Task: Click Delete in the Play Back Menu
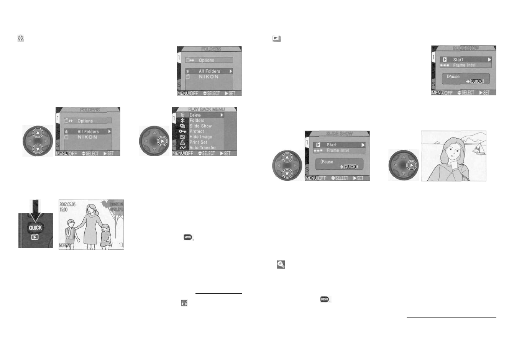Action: [195, 115]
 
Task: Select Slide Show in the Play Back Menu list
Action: [200, 126]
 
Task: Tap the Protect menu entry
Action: [197, 131]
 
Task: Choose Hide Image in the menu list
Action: [200, 137]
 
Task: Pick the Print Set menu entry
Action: [198, 142]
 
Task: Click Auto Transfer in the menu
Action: [202, 148]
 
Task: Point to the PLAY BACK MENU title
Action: [206, 110]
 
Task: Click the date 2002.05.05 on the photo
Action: [67, 205]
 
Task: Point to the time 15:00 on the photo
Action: [64, 209]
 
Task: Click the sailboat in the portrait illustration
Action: [479, 149]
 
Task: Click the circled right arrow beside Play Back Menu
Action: [163, 141]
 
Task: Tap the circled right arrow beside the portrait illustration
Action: [411, 166]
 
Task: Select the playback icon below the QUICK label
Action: [35, 237]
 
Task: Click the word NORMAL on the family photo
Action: [65, 245]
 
